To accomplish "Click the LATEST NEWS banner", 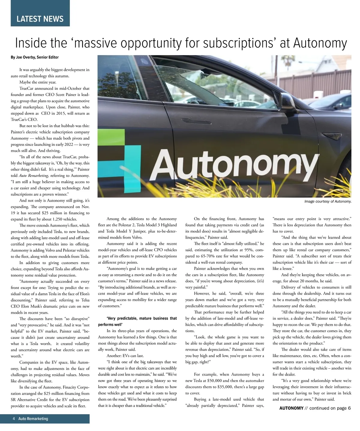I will pos(40,19).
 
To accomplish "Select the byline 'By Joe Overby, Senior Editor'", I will pos(35,57).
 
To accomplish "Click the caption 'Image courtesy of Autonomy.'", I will pos(328,201).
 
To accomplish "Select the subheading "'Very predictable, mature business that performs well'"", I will pos(137,321).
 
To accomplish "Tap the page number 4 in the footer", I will pos(14,419).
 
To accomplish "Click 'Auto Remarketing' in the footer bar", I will pos(33,419).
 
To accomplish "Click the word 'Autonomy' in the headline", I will pos(320,43).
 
